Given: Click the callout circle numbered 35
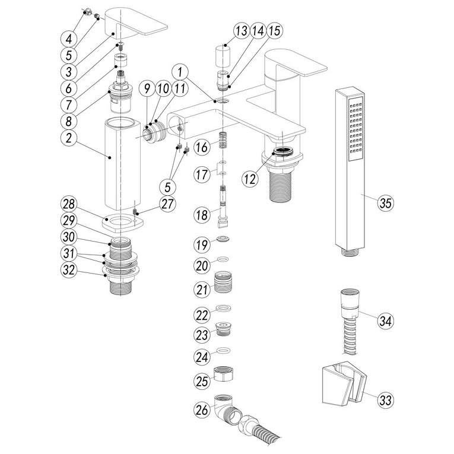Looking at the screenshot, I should tap(386, 203).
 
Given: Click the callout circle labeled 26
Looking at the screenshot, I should tap(203, 409).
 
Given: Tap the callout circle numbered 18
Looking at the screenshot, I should tap(203, 215).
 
